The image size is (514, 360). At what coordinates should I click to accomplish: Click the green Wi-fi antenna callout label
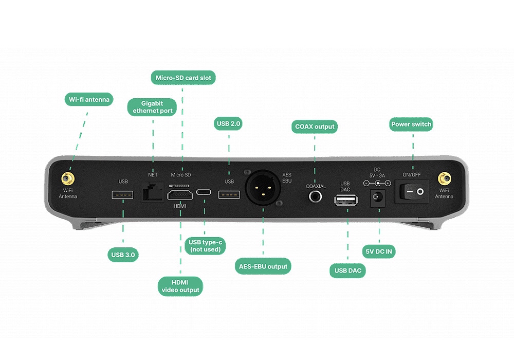89,99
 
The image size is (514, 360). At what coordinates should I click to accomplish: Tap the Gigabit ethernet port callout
153,107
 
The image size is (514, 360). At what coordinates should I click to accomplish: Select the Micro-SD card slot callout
183,78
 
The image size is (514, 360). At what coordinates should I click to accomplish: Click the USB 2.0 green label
229,123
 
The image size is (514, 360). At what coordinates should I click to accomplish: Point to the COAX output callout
315,127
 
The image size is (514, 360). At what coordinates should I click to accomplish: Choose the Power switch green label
411,124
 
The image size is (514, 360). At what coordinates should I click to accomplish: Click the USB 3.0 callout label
124,254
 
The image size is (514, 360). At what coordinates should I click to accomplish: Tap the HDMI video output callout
180,286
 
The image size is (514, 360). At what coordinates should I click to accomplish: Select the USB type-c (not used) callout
206,246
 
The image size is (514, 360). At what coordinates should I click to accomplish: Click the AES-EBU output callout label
264,266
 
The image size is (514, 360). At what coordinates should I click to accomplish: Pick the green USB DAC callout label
347,271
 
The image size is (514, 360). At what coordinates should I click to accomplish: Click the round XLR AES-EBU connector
263,189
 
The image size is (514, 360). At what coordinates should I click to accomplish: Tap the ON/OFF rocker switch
412,192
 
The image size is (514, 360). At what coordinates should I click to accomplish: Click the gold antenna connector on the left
67,179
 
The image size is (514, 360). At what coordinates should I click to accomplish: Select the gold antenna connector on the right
444,179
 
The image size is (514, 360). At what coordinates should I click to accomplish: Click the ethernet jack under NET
153,192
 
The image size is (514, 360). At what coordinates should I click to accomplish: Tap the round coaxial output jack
315,195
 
